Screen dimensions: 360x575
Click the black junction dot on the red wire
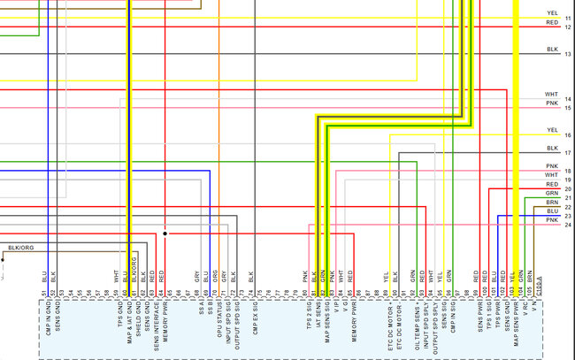coord(165,234)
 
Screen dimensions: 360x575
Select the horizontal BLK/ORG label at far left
coord(21,248)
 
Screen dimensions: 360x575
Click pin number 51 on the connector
coord(44,293)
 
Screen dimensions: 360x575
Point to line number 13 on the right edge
coord(568,55)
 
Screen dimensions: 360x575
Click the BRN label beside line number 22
coord(551,203)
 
